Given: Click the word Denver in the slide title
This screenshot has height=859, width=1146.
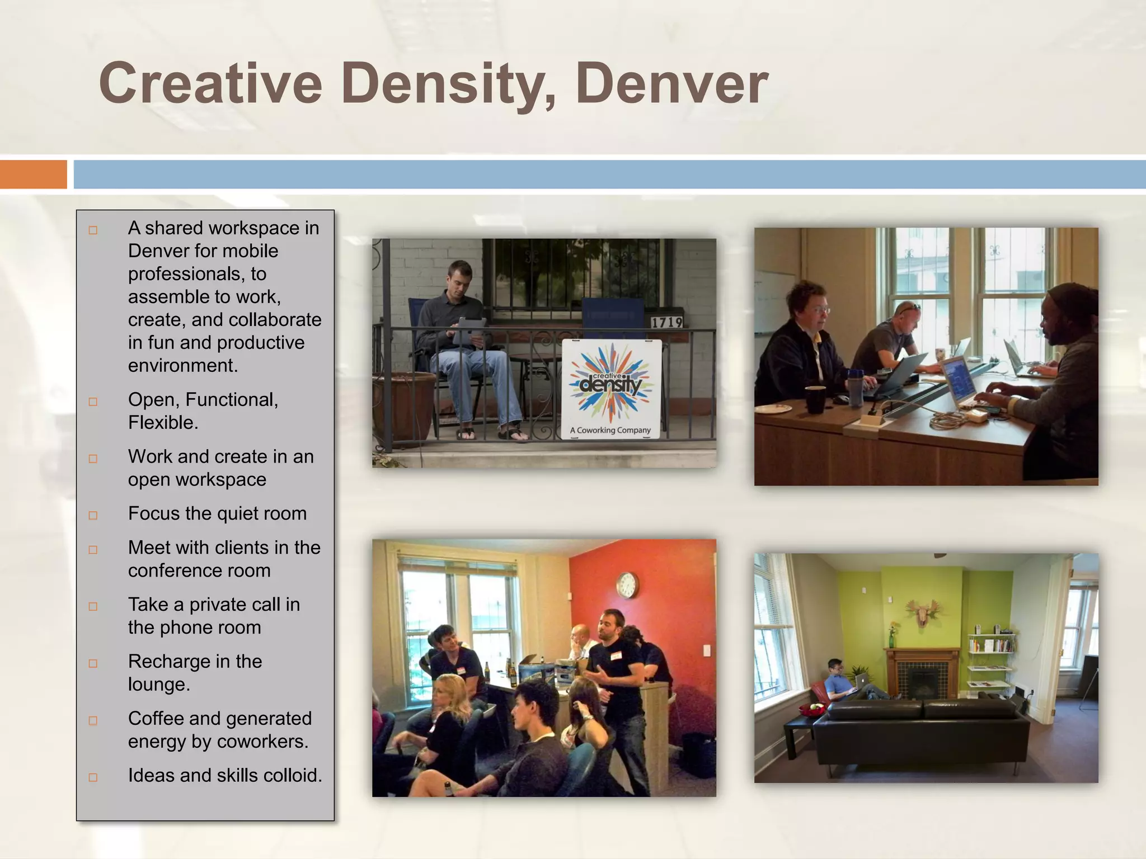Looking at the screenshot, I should coord(671,84).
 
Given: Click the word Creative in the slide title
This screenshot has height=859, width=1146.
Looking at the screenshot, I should coord(210,84).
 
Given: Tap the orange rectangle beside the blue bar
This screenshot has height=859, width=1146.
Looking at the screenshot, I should coord(33,174).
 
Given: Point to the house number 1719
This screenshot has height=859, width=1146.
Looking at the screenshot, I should coord(666,323).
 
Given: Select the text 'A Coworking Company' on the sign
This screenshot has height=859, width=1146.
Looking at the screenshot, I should coord(610,430).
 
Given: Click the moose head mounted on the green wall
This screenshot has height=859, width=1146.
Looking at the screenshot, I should coord(923,613).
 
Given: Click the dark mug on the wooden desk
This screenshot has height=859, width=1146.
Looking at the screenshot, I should coord(815,399).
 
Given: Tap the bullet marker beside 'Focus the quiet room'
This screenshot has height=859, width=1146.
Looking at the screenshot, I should coord(93,515).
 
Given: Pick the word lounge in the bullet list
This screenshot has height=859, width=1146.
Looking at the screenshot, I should coord(159,685).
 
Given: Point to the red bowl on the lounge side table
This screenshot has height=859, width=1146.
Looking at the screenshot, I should coord(812,710).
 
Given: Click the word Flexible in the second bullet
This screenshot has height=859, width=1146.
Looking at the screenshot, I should coord(162,423).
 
